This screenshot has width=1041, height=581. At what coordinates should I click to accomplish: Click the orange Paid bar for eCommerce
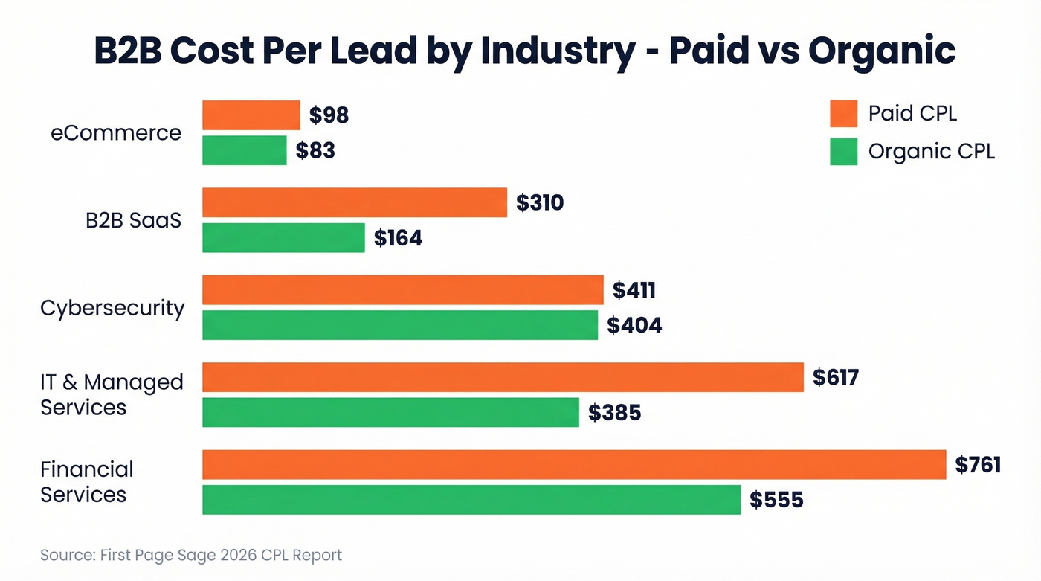coord(251,115)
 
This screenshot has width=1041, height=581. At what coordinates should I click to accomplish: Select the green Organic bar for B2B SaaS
coord(283,238)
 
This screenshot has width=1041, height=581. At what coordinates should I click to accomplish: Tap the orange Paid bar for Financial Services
coord(573,465)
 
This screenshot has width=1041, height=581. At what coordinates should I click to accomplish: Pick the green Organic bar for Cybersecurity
coord(399,325)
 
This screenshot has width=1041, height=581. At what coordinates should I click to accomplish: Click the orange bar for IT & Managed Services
coord(503,377)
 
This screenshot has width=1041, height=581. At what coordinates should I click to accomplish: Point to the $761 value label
coord(978,465)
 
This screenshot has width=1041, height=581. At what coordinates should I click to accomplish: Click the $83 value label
coord(315,150)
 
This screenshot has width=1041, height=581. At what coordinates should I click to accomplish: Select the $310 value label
coord(540,202)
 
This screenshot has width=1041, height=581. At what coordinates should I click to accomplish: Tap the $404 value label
coord(634,325)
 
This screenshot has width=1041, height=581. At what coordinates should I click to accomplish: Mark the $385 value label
coord(614,412)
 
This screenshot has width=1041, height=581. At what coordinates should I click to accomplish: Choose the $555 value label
coord(776,500)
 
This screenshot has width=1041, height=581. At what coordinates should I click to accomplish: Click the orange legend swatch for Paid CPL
coord(843,115)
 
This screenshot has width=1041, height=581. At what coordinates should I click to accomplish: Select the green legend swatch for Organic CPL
coord(843,152)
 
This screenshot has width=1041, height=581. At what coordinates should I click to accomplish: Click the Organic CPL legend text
coord(931,152)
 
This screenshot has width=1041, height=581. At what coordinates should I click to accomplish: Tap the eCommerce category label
coord(116,133)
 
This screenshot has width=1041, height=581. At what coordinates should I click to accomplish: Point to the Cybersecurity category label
coord(112,308)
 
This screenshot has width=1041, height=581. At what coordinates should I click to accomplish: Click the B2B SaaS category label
coord(133,220)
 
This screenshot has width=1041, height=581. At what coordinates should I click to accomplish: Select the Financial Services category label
coord(87,482)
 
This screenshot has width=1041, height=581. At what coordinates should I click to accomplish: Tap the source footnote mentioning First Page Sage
coord(191,555)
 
